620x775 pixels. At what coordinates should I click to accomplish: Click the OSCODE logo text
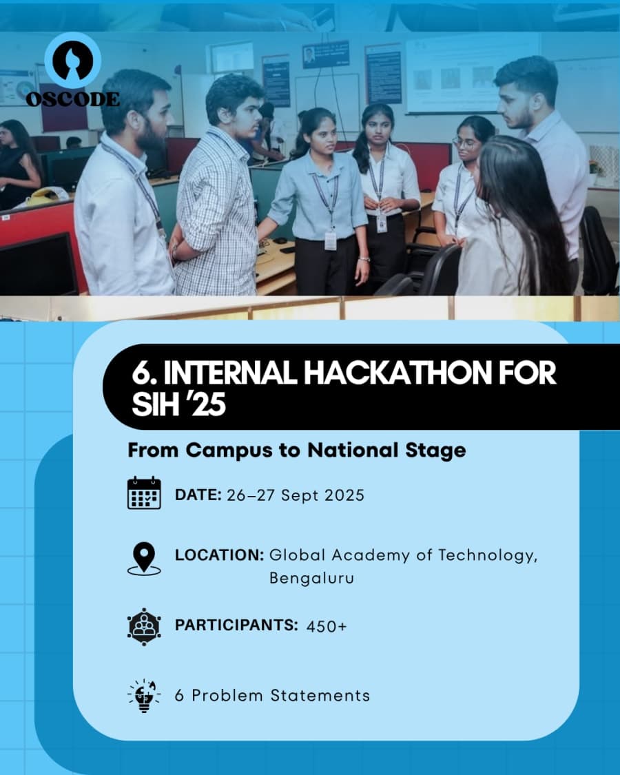(72, 99)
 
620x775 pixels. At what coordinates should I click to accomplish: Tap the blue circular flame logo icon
(73, 60)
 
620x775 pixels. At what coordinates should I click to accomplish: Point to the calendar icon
(144, 493)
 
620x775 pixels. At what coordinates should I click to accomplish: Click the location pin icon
(144, 558)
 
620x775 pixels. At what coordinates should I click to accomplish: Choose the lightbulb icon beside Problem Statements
(144, 695)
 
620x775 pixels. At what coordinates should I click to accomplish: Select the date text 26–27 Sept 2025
(296, 495)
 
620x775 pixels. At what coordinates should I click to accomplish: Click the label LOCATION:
(219, 555)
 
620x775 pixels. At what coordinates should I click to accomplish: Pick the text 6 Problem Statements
(272, 695)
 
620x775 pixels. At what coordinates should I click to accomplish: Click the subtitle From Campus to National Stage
(297, 451)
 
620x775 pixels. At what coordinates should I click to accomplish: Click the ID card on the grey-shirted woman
(331, 240)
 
